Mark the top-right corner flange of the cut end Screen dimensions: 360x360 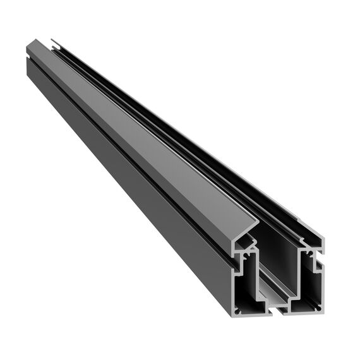click(320, 238)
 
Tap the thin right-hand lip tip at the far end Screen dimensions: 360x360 click(56, 44)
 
